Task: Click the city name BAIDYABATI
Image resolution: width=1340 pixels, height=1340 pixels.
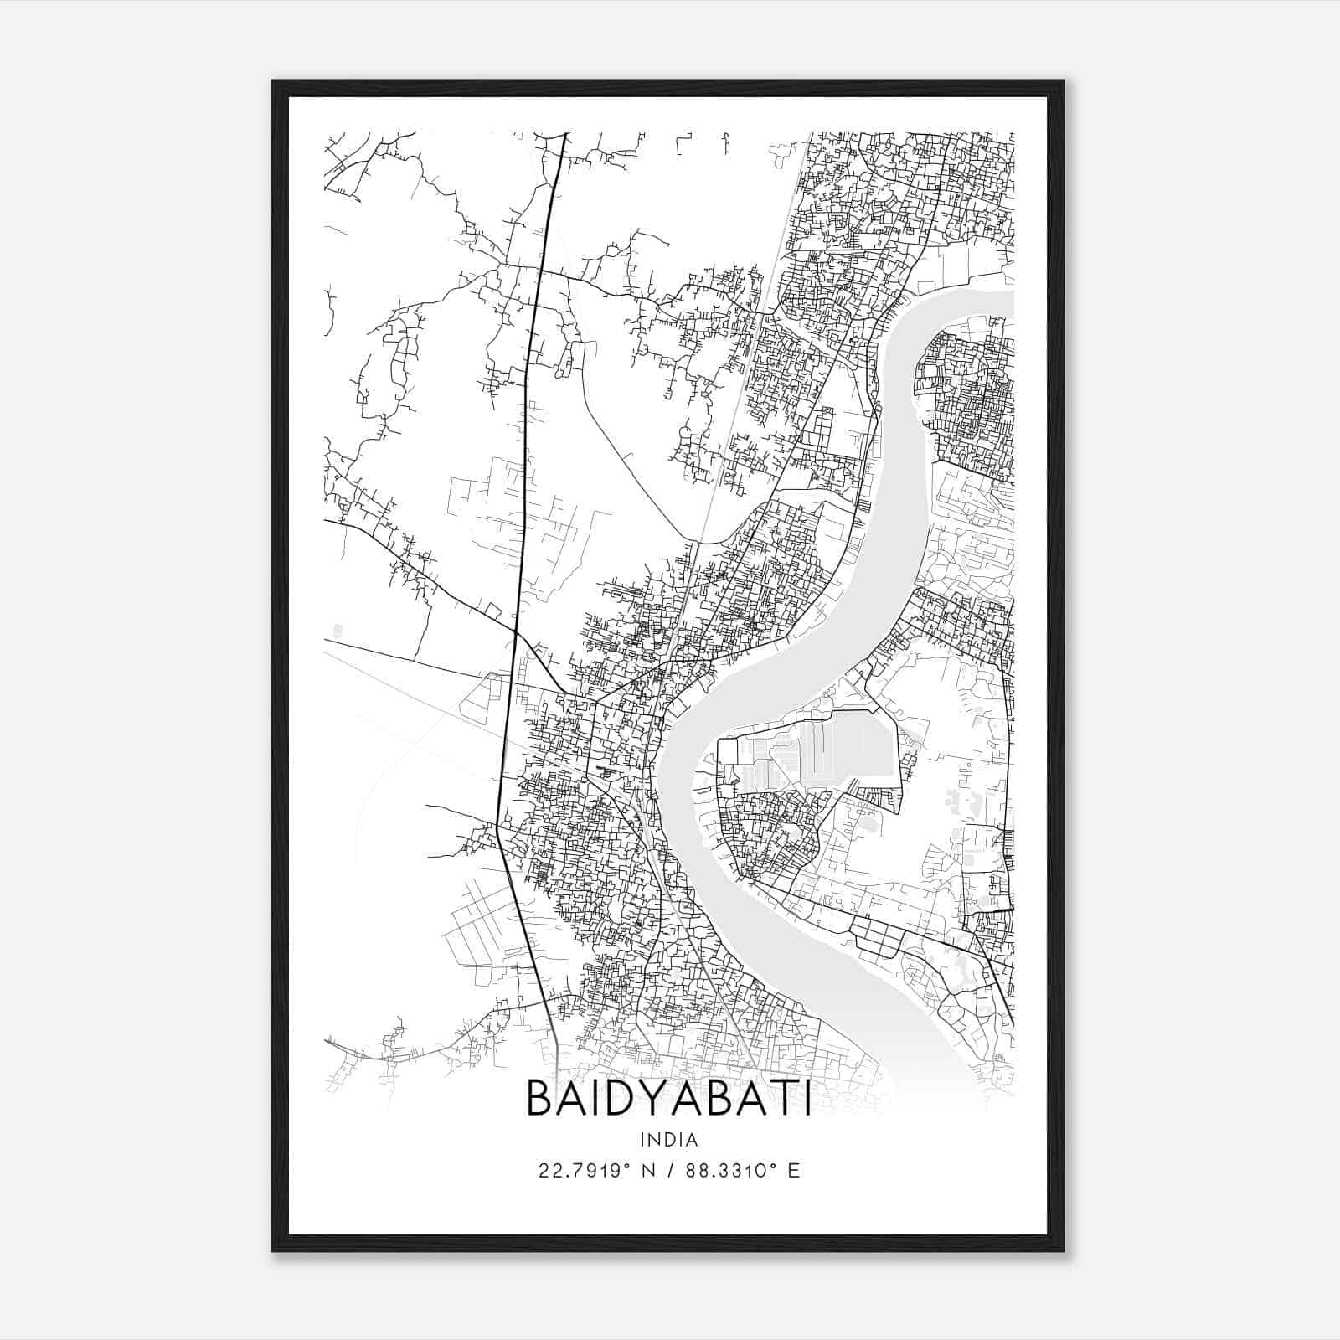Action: (x=668, y=1099)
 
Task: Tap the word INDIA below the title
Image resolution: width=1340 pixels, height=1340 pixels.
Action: (x=668, y=1140)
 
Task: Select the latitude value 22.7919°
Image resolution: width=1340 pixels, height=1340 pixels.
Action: (x=580, y=1171)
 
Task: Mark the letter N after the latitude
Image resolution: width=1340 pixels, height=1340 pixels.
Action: (x=646, y=1171)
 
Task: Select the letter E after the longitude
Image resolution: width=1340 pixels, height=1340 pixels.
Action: (x=793, y=1171)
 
